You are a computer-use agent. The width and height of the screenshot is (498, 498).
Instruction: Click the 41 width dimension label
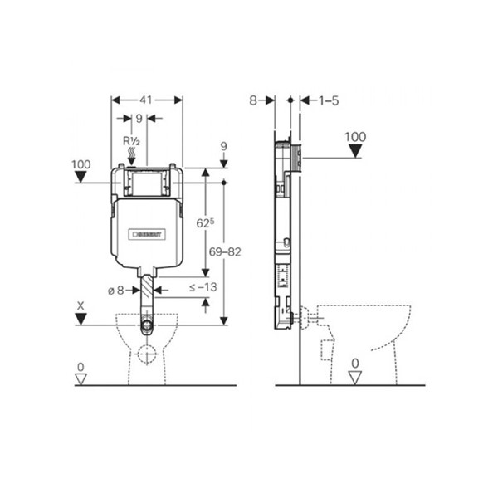pyautogui.click(x=146, y=100)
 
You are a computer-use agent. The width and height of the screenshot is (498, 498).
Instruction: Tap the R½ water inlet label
pyautogui.click(x=131, y=141)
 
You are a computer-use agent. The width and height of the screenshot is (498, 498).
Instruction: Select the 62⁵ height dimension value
pyautogui.click(x=205, y=223)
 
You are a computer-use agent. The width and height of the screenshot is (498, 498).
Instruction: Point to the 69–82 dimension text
pyautogui.click(x=225, y=252)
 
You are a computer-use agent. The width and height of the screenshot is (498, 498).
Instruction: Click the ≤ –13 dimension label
pyautogui.click(x=203, y=287)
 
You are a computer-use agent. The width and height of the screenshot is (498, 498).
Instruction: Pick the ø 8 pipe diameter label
pyautogui.click(x=115, y=290)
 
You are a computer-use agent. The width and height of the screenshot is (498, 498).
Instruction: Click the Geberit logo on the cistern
pyautogui.click(x=147, y=235)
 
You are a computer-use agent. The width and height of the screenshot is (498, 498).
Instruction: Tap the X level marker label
pyautogui.click(x=81, y=306)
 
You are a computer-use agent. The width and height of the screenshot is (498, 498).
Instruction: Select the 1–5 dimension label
pyautogui.click(x=329, y=101)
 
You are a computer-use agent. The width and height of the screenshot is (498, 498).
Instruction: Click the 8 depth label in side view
pyautogui.click(x=253, y=100)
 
